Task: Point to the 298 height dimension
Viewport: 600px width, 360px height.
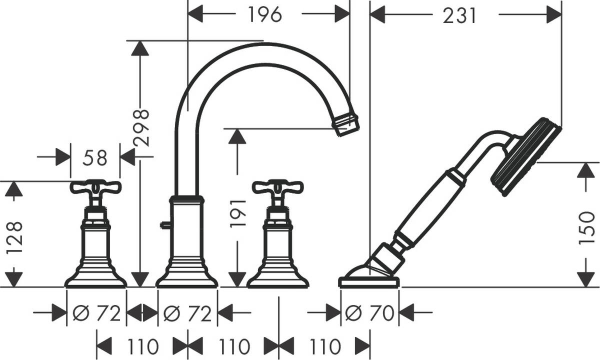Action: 142,127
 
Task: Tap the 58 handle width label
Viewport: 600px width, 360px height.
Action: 95,157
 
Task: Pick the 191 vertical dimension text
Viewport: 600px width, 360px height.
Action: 238,212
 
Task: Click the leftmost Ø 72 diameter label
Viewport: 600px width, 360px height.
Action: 96,313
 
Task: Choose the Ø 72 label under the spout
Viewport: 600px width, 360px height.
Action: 187,313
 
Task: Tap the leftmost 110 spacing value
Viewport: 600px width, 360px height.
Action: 141,345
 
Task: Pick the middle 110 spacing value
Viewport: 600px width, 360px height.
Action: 233,345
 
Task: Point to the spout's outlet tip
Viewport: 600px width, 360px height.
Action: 347,123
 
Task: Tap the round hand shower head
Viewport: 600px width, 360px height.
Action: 525,155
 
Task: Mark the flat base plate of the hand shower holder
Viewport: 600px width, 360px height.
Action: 369,282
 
